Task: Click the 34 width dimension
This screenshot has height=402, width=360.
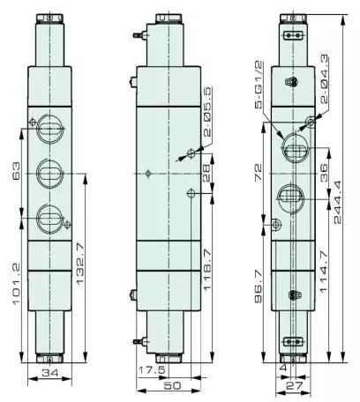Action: pyautogui.click(x=49, y=373)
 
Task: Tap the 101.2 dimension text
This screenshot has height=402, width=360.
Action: pyautogui.click(x=17, y=284)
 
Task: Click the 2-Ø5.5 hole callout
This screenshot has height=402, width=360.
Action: pyautogui.click(x=207, y=112)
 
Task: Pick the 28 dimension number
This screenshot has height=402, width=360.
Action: pyautogui.click(x=207, y=173)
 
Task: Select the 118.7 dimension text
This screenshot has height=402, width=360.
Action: pyautogui.click(x=207, y=270)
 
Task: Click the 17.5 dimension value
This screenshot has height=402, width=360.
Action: pyautogui.click(x=153, y=369)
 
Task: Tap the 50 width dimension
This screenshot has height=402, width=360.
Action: pyautogui.click(x=172, y=385)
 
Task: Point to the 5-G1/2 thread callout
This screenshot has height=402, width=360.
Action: pyautogui.click(x=259, y=86)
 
